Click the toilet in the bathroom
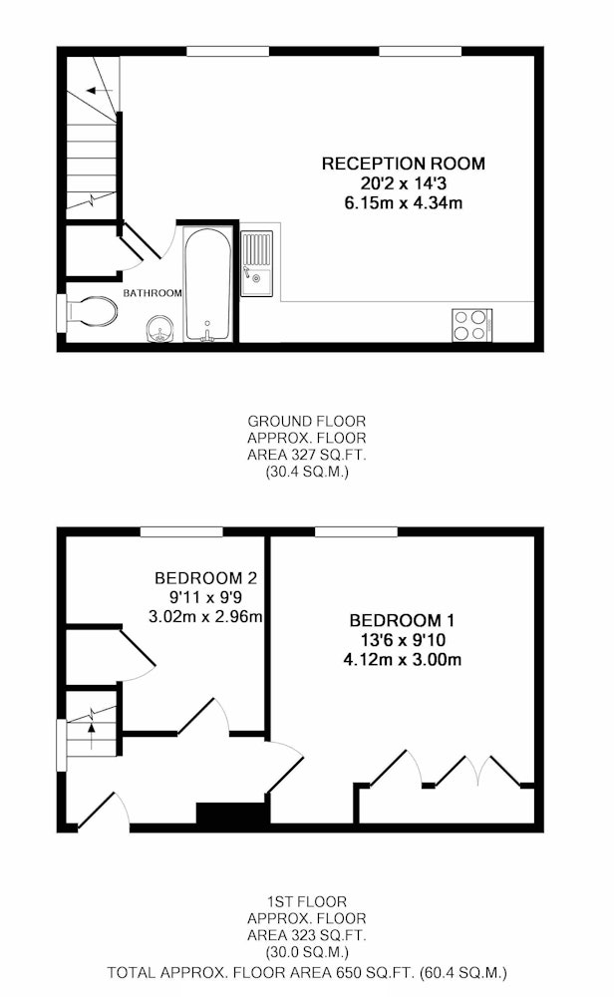(91, 312)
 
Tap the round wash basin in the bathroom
(159, 329)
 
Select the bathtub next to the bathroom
(207, 285)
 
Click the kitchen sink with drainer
(256, 263)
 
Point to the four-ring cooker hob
(472, 324)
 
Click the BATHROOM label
(153, 293)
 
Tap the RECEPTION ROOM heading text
(403, 164)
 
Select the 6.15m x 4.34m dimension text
(403, 203)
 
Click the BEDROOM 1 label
(402, 620)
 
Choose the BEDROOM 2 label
(206, 578)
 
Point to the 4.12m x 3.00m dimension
(403, 659)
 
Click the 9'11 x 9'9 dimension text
(205, 597)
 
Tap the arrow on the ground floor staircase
(99, 91)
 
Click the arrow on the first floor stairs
(92, 736)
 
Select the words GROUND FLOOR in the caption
(306, 421)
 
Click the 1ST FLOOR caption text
(306, 901)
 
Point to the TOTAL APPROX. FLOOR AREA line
(306, 972)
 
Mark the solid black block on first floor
(233, 814)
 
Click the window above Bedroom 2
(181, 531)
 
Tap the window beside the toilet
(62, 312)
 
